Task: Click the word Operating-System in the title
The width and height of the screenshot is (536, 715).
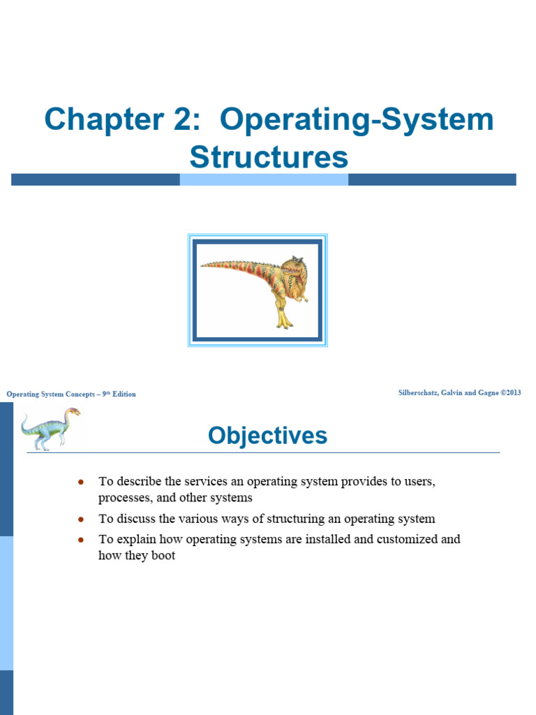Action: (357, 120)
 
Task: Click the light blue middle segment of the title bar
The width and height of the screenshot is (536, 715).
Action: (264, 179)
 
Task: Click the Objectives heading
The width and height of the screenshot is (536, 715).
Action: (267, 436)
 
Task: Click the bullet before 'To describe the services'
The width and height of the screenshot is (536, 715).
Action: (82, 482)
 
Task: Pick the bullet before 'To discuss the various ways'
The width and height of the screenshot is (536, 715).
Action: (82, 519)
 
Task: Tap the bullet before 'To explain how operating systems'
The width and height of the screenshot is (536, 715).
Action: (82, 540)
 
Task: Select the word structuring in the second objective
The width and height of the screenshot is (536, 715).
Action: (293, 519)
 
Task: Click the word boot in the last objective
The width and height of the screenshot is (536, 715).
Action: (163, 556)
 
